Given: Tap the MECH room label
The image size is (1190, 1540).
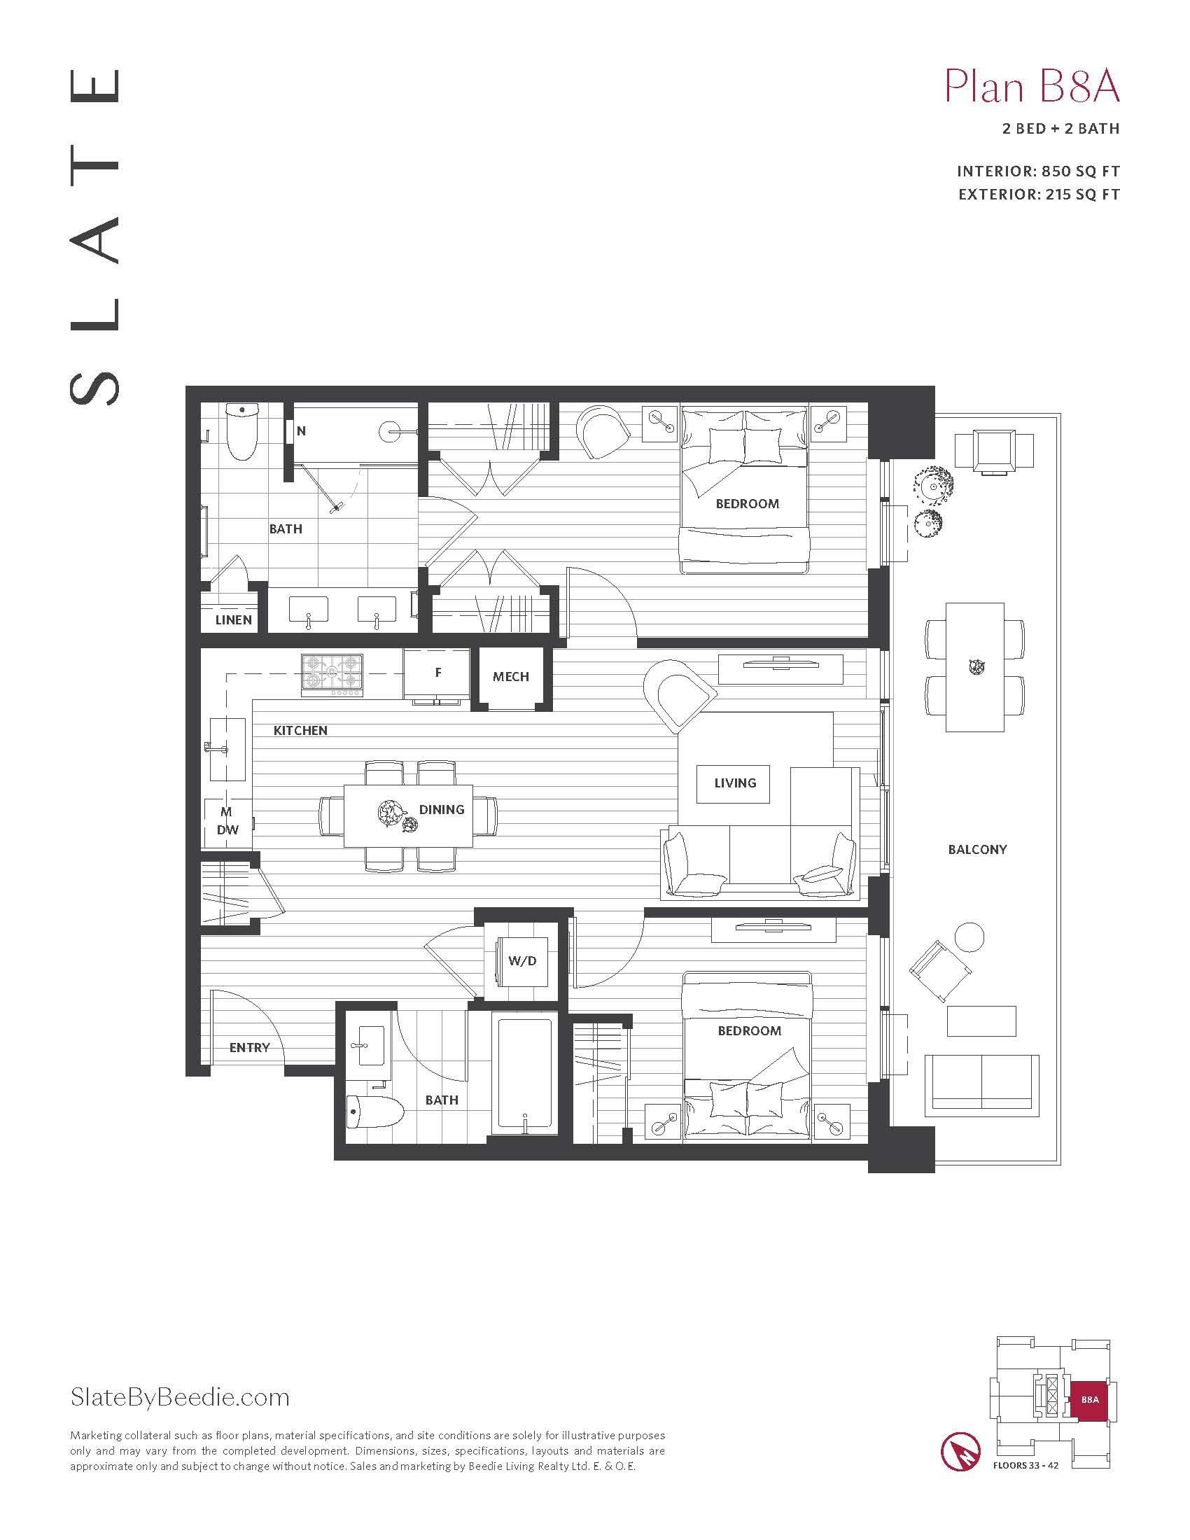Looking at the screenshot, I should coord(510,677).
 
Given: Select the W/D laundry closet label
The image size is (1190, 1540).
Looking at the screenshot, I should coord(521,961).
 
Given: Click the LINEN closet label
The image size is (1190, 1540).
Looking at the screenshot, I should coord(233,619).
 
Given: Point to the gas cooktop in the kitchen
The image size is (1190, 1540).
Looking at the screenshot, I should coord(332,673).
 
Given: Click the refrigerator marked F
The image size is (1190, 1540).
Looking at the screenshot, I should coord(437,673).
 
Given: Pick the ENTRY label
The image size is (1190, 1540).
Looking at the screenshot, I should coord(250,1048).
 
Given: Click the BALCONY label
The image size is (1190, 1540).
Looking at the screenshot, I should coord(977,850).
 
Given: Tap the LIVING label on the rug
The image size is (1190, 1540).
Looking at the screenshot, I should coord(734,783).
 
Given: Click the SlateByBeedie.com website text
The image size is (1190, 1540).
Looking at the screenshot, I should coord(180,1397).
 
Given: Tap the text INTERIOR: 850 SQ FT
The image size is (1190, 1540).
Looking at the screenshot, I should coord(1037,171).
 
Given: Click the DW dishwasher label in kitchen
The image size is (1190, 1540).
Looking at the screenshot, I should coord(227,830).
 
